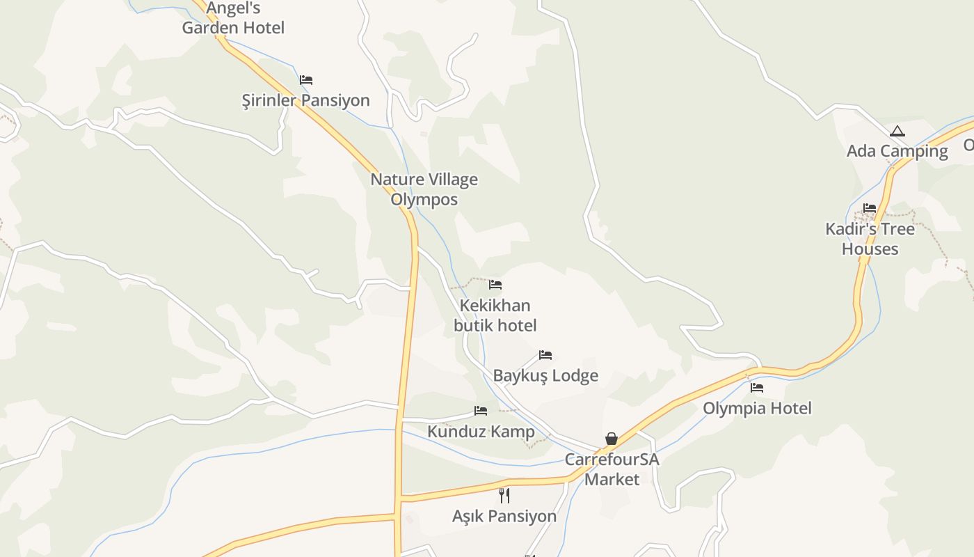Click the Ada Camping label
[897, 151]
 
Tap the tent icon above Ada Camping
[897, 131]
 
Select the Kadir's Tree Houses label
[870, 239]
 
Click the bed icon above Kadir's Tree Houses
[870, 207]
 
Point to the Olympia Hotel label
[757, 408]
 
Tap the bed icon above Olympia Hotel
[757, 387]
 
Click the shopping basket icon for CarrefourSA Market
[611, 438]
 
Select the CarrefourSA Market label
[612, 469]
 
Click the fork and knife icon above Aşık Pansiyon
[504, 496]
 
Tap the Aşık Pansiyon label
[504, 517]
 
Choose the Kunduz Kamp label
[481, 432]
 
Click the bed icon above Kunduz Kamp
[481, 411]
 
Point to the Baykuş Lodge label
[545, 376]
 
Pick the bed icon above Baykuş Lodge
[545, 355]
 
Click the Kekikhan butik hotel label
[495, 315]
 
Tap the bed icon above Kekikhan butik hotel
[495, 284]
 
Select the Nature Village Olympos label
[424, 189]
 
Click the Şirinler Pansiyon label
[305, 100]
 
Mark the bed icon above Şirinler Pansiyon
[306, 80]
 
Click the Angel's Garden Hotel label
[233, 18]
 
